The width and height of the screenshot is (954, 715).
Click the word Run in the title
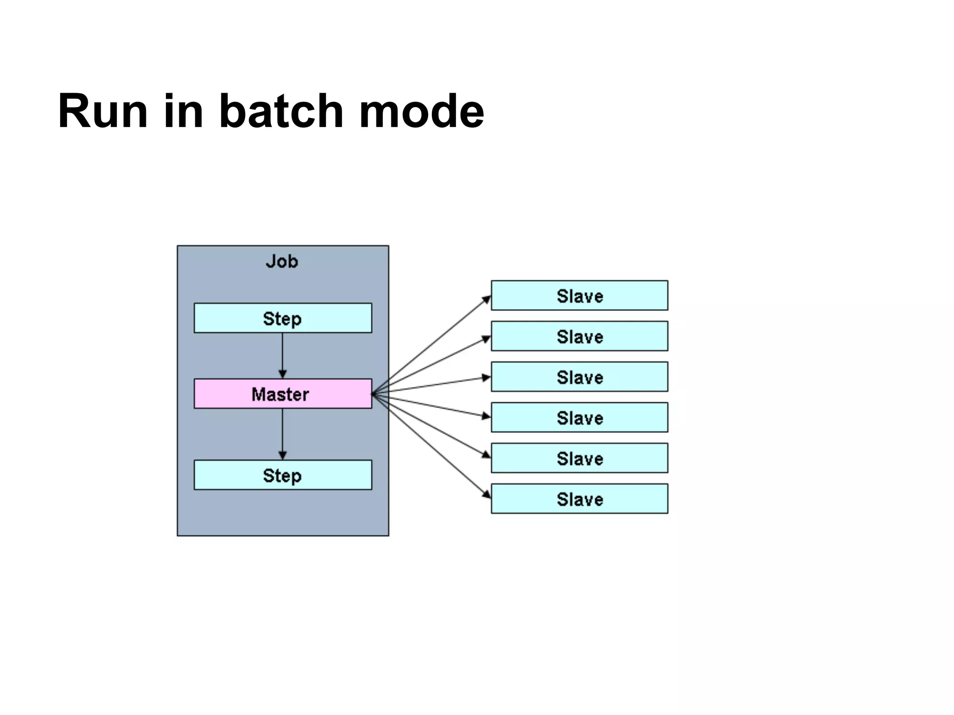point(103,112)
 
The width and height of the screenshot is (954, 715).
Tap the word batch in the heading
point(281,112)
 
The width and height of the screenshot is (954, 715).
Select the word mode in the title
point(421,112)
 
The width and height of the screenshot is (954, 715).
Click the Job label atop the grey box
point(282,262)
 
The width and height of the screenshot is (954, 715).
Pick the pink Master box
point(283,394)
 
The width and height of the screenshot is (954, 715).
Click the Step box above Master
point(283,318)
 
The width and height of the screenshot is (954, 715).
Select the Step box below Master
point(283,475)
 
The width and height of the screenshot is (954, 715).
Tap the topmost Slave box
point(579,296)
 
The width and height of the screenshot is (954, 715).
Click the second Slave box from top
point(579,336)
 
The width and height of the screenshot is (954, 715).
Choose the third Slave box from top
point(579,377)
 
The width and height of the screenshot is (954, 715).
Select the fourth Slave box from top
point(579,418)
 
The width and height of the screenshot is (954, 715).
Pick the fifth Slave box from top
point(579,458)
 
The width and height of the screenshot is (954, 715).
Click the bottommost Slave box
point(579,499)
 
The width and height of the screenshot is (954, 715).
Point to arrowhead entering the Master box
point(282,374)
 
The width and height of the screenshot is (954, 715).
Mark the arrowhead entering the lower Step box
point(282,455)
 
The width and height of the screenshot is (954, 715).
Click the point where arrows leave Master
point(374,394)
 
